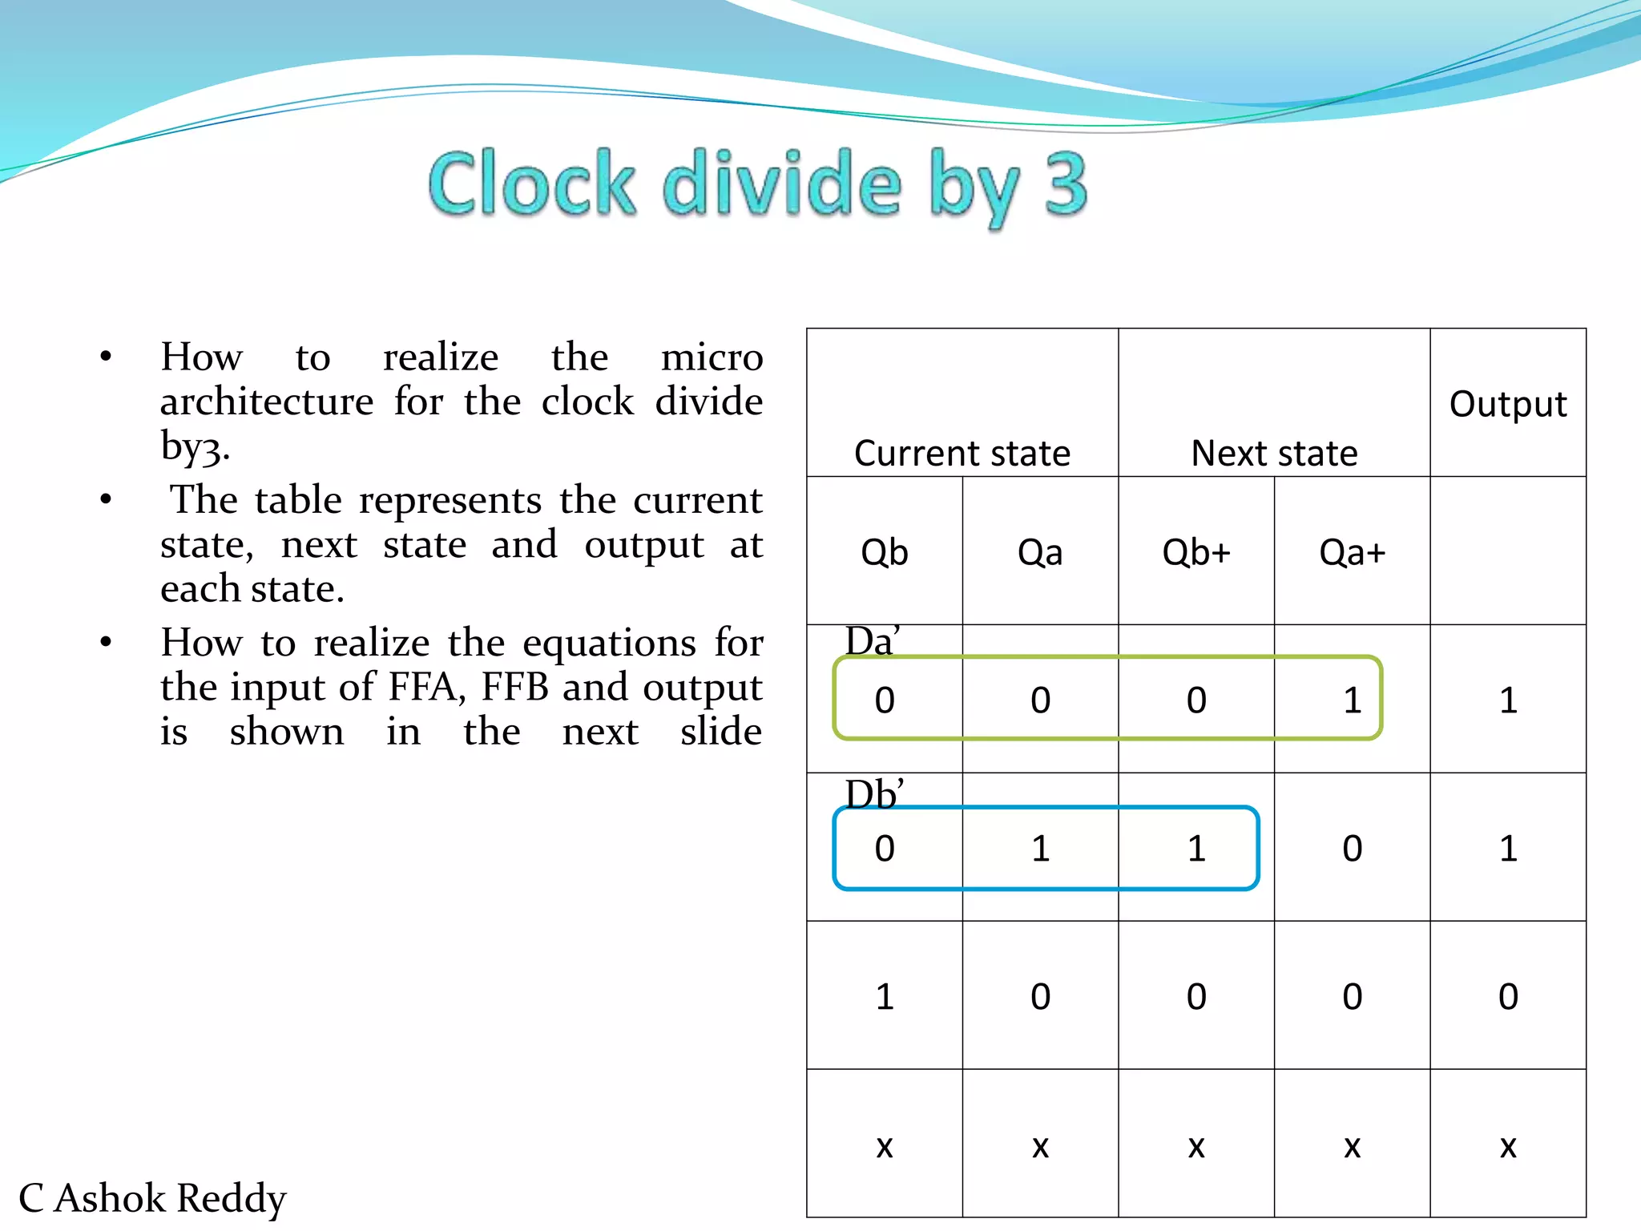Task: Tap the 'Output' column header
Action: coord(1508,404)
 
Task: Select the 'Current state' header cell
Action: coord(962,453)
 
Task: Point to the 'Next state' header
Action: coord(1274,453)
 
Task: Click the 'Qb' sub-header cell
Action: coord(885,552)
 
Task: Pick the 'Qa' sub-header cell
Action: coord(1040,552)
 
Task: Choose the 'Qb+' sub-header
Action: coord(1196,552)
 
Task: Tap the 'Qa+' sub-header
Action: coord(1352,552)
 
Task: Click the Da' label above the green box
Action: coord(872,641)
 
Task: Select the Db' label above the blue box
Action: coord(874,794)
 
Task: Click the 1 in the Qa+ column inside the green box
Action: coord(1353,700)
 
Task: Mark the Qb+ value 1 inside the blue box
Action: coord(1196,849)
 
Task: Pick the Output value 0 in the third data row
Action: coord(1508,997)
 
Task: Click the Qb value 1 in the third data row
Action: coord(885,997)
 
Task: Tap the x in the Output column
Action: coord(1508,1146)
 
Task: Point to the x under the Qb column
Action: coord(885,1146)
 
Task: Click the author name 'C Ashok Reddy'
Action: coord(152,1198)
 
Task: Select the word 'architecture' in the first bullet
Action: coord(267,402)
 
